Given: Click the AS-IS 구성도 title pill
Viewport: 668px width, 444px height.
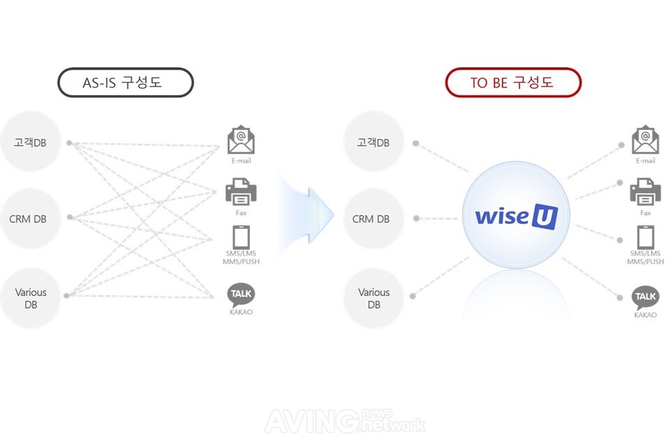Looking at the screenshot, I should point(125,82).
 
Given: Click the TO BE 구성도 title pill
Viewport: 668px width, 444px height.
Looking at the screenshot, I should point(513,82).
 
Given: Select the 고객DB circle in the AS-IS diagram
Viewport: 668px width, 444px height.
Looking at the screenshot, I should point(30,142).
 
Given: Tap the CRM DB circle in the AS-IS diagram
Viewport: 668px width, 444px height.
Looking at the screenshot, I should point(29,219).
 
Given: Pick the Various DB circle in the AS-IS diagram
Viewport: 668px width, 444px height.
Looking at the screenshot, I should point(31,299).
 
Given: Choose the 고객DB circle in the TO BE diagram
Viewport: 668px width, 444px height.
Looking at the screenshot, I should point(374,142).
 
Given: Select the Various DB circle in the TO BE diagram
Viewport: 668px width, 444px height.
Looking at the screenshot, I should point(374,299).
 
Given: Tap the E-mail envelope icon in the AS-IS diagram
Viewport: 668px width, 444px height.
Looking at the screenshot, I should point(241,140).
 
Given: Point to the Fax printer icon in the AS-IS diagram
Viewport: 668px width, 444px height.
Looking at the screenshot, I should point(241,191).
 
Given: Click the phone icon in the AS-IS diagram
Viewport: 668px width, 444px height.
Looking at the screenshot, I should point(241,237).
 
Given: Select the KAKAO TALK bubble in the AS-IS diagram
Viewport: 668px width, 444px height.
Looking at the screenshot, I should point(241,294).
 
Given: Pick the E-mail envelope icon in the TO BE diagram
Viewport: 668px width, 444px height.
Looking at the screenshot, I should point(645,140).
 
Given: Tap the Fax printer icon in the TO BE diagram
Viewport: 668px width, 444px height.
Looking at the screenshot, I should point(645,191).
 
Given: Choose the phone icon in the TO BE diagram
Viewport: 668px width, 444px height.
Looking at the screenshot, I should point(645,237).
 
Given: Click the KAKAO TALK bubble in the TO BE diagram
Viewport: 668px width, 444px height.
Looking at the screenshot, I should point(645,297).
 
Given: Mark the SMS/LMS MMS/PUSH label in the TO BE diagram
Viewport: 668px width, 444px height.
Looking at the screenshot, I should point(645,258).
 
